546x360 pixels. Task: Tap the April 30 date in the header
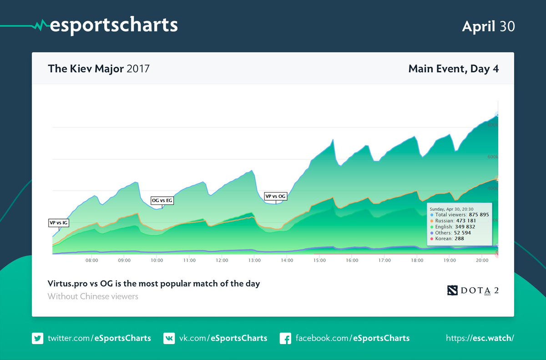(x=488, y=26)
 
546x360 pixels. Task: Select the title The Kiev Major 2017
(x=99, y=69)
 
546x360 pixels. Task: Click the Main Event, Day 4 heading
(x=453, y=69)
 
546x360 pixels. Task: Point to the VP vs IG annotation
(x=59, y=223)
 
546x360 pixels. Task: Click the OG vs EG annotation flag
(x=162, y=200)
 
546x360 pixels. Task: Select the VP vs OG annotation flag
(x=276, y=196)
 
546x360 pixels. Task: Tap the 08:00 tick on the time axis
(x=92, y=260)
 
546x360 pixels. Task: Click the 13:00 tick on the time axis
(x=254, y=260)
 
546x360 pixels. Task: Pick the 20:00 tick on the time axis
(x=482, y=260)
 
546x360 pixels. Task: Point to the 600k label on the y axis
(x=493, y=157)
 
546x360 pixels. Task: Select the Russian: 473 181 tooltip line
(x=455, y=221)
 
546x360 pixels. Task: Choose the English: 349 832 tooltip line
(x=455, y=227)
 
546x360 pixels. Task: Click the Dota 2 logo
(x=473, y=290)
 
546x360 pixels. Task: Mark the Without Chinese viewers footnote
(x=93, y=296)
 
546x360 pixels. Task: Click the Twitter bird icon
(x=37, y=338)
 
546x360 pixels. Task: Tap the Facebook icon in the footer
(x=285, y=338)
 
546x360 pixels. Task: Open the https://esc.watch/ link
(x=480, y=338)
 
